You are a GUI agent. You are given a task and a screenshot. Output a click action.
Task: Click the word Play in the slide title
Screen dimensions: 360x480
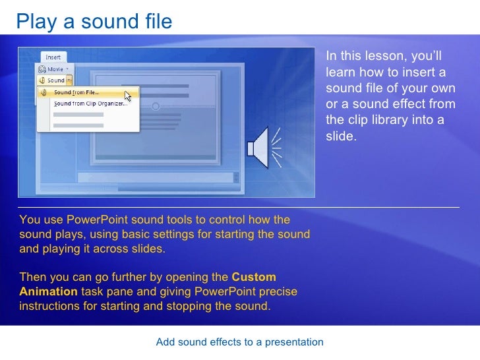(x=36, y=22)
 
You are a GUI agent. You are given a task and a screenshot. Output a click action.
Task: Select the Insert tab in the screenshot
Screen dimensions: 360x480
(x=53, y=58)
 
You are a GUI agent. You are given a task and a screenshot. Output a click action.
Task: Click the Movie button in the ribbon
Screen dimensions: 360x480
(x=55, y=69)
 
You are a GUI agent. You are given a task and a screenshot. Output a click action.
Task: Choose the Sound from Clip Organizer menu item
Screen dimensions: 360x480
(x=90, y=104)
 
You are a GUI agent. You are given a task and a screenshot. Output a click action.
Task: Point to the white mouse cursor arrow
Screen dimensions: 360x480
(x=129, y=96)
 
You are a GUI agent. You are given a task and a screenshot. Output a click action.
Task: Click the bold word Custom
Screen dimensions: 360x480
(x=254, y=277)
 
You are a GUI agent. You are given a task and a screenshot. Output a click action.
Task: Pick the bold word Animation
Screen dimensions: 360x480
(x=48, y=291)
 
